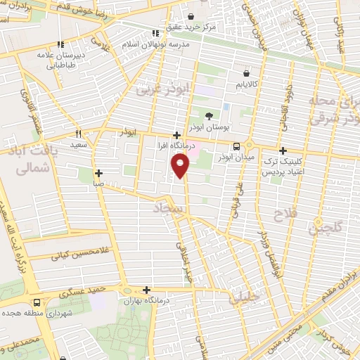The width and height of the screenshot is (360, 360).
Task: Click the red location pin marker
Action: pyautogui.click(x=181, y=166)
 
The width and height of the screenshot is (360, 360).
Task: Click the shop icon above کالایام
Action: pyautogui.click(x=246, y=72)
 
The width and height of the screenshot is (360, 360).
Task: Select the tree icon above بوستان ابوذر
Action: pyautogui.click(x=208, y=116)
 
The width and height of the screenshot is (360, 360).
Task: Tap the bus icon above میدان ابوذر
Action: pyautogui.click(x=236, y=146)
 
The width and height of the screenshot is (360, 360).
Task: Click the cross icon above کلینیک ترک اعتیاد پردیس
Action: pyautogui.click(x=283, y=150)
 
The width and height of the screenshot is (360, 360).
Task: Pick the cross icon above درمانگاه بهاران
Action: pyautogui.click(x=146, y=290)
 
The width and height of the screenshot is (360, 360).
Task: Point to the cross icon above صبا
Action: pyautogui.click(x=98, y=172)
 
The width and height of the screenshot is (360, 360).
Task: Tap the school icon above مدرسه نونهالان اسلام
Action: pyautogui.click(x=155, y=33)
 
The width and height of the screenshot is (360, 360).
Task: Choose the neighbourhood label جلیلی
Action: pyautogui.click(x=244, y=299)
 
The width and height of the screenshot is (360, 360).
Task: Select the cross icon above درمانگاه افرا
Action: pyautogui.click(x=176, y=134)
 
